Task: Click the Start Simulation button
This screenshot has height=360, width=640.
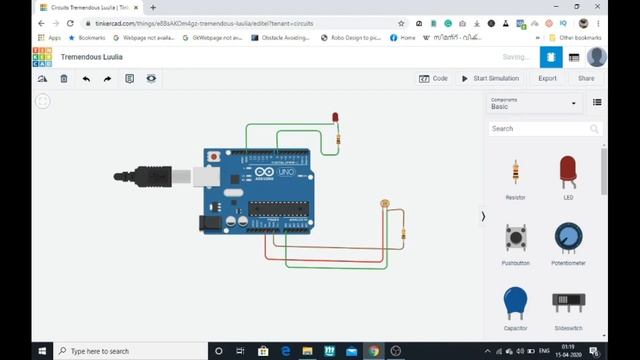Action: tap(490, 78)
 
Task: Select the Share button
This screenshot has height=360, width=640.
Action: tap(585, 78)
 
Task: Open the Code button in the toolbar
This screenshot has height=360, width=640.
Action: tap(434, 78)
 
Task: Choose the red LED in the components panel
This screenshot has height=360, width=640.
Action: tap(568, 172)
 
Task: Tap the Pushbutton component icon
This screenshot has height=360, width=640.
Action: tap(515, 238)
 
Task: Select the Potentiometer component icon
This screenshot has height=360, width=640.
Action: tap(568, 238)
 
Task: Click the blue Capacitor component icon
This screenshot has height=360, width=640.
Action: tap(515, 301)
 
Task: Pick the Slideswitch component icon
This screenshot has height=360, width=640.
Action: tap(568, 301)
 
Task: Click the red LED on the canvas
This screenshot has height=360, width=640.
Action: tap(335, 119)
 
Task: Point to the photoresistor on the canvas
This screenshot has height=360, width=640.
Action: tap(385, 204)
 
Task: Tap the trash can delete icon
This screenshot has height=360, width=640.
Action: tap(64, 78)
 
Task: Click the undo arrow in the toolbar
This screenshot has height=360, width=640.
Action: tap(86, 78)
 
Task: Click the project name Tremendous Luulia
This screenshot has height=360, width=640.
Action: tap(94, 57)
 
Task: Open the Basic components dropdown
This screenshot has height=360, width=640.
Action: tap(532, 103)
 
